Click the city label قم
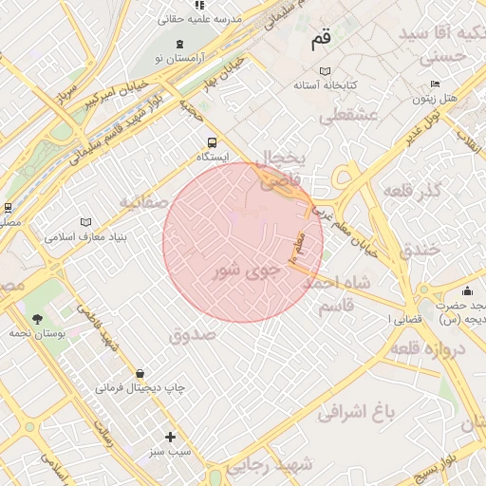tap(321, 42)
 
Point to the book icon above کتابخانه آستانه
tap(326, 71)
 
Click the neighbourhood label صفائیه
tap(143, 202)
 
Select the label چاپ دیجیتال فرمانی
tap(140, 388)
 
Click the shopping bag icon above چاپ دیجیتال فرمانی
tap(140, 373)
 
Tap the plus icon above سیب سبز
tap(170, 438)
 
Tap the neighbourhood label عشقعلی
tap(348, 118)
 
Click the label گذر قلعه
tap(412, 191)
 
